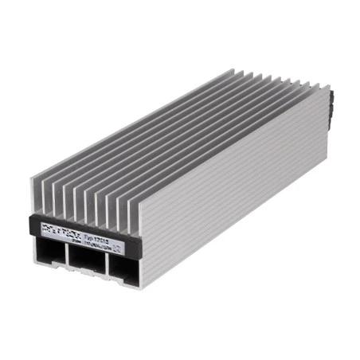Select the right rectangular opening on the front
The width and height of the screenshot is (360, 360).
(123, 268)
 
